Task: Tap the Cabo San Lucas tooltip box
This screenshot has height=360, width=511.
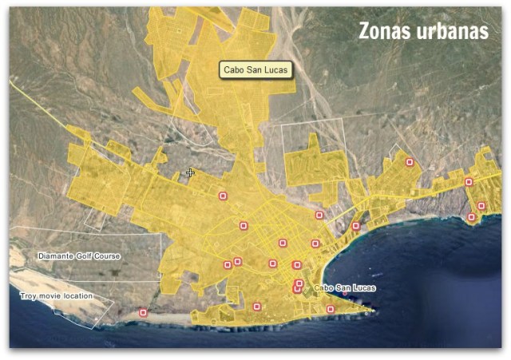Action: tap(256, 69)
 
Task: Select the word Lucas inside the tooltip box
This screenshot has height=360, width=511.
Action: tap(276, 69)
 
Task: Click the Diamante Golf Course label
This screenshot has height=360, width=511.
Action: tap(79, 256)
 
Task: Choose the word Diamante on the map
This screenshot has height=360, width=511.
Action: tap(56, 256)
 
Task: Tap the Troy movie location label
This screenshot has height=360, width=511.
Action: tap(56, 296)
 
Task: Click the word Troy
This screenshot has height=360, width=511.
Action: tap(28, 296)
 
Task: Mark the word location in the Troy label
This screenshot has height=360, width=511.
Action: tap(79, 296)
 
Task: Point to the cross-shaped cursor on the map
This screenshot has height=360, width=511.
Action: tap(190, 172)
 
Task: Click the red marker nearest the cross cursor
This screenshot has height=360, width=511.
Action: tap(223, 196)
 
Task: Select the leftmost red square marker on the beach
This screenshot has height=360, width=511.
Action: tap(143, 313)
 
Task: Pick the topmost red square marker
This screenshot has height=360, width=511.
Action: tap(410, 162)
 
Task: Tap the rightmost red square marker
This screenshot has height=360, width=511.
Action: tap(481, 206)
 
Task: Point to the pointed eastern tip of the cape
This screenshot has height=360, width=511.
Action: tap(373, 311)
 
